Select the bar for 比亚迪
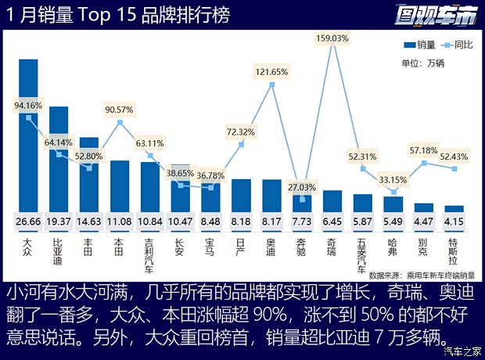click(x=59, y=164)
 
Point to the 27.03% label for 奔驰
click(x=302, y=188)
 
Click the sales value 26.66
click(x=29, y=223)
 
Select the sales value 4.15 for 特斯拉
click(x=454, y=223)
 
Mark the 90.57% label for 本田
click(x=120, y=109)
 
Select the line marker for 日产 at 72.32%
click(x=241, y=145)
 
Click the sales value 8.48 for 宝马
click(x=211, y=223)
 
